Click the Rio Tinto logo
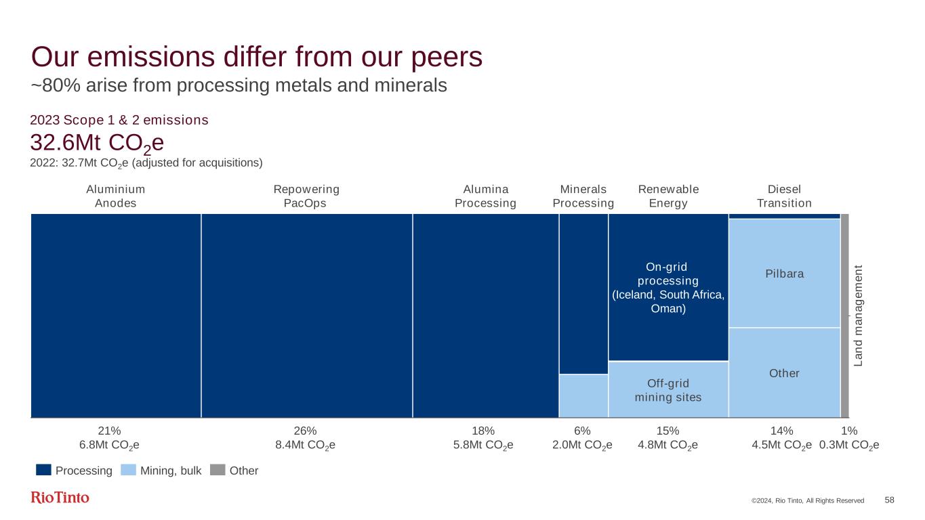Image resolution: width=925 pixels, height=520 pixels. tap(60, 498)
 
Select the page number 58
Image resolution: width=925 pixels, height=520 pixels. tap(889, 500)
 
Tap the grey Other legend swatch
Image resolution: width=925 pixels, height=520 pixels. tap(217, 470)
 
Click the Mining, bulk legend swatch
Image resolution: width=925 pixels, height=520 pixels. tap(128, 470)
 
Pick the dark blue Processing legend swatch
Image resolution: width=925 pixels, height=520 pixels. tap(44, 470)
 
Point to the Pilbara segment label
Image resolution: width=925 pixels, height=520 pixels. tap(784, 274)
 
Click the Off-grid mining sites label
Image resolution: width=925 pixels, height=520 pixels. tap(667, 391)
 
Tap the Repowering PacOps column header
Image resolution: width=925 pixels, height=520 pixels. tap(306, 196)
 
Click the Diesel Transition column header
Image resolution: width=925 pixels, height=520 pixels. tap(784, 196)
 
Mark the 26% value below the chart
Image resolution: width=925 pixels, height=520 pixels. tap(306, 431)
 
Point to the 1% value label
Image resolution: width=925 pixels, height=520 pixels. tap(849, 431)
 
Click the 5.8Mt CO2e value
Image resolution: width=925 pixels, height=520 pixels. tap(482, 445)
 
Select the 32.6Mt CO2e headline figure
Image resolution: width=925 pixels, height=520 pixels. tap(97, 144)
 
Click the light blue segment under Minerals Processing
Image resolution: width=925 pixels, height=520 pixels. tap(583, 395)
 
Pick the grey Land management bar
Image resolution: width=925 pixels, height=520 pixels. tap(844, 316)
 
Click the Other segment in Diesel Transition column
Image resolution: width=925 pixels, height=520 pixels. tap(784, 373)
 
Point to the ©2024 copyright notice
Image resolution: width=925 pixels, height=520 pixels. tap(807, 500)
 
